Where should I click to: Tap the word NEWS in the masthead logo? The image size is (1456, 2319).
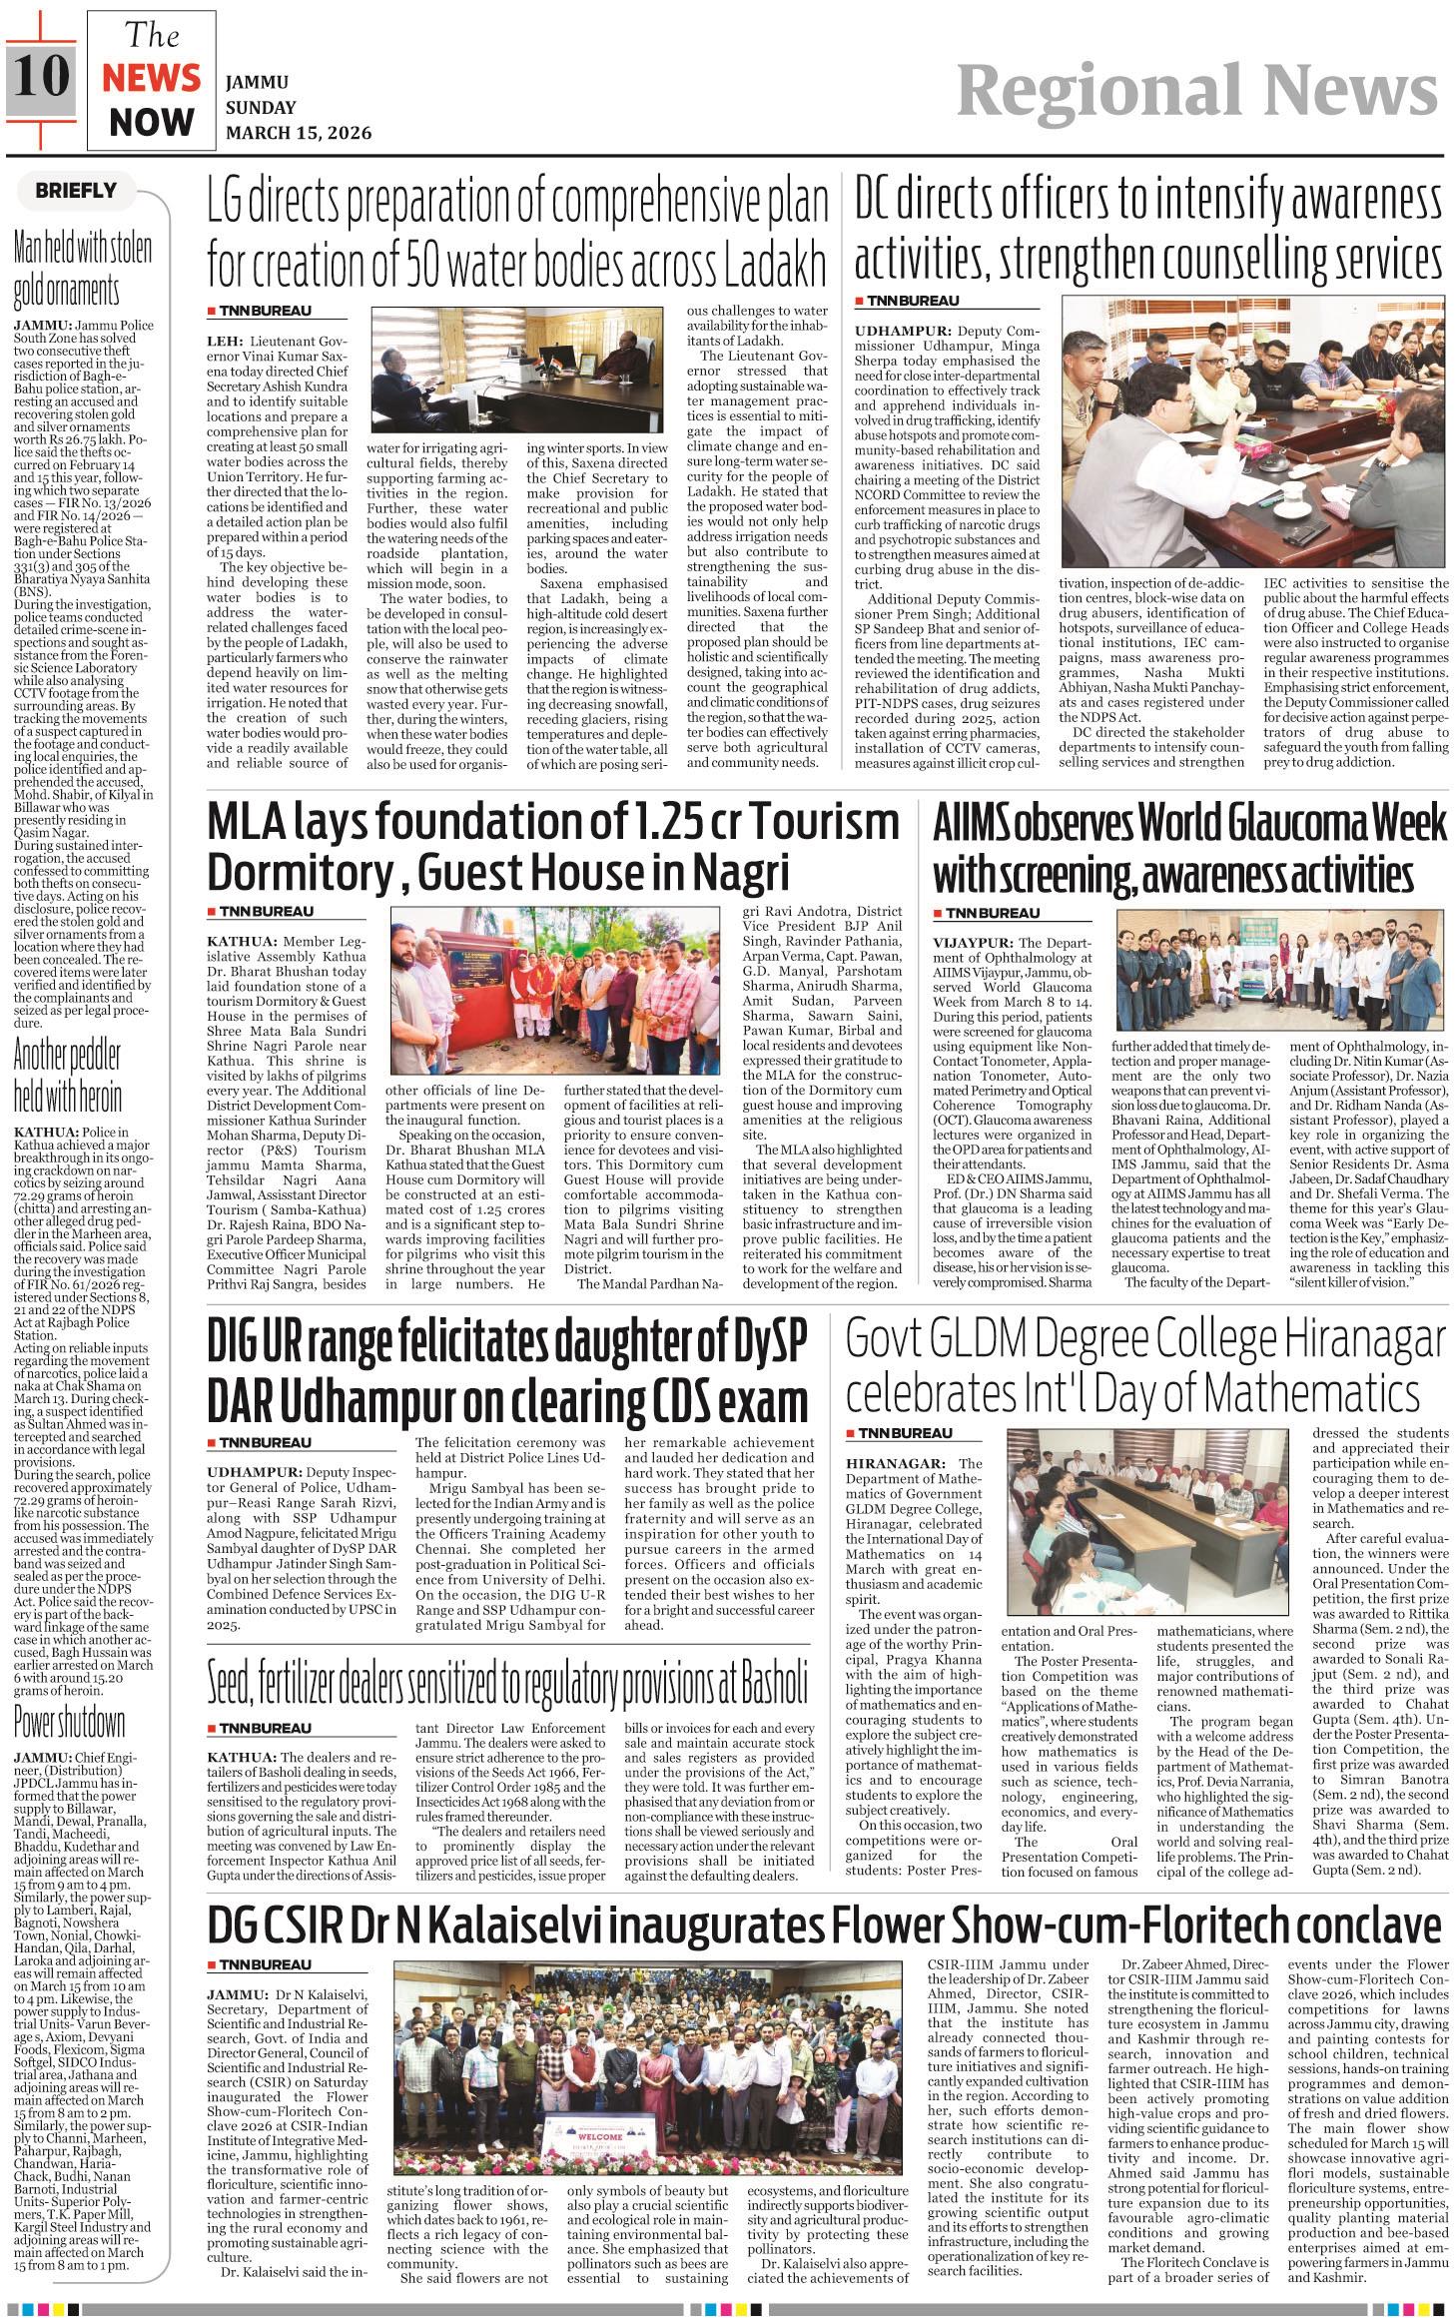coord(152,78)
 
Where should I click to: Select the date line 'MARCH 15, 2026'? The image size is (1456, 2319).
coord(299,133)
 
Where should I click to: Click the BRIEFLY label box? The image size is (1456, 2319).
coord(76,190)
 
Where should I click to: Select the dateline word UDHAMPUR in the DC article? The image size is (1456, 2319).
coord(902,331)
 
